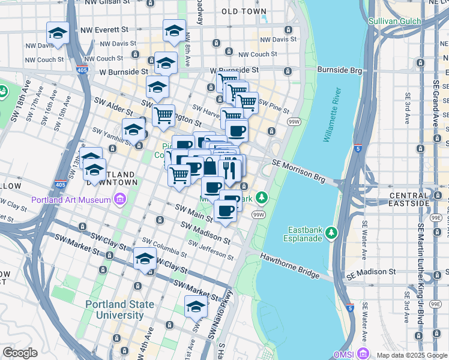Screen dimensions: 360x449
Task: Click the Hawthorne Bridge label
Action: point(289,265)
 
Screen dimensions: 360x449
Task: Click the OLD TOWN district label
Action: point(244,11)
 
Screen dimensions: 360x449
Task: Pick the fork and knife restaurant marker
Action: point(230,169)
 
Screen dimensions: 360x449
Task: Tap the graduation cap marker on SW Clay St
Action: point(145,259)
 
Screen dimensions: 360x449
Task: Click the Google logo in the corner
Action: point(20,353)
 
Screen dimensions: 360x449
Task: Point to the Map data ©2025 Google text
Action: point(411,355)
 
